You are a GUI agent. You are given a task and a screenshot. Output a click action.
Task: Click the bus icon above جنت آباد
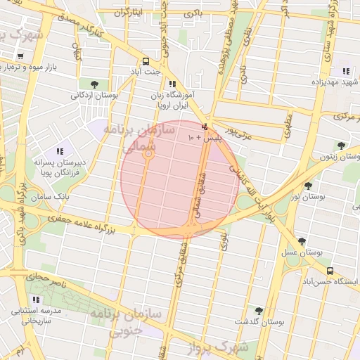tap(146, 60)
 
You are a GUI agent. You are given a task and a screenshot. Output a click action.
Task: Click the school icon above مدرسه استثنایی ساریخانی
tap(36, 300)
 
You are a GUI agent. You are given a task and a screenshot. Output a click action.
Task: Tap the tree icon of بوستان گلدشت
tap(259, 310)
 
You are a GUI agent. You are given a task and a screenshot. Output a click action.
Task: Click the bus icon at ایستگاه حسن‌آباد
tap(329, 271)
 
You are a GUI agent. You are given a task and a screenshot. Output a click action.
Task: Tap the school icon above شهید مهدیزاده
tap(346, 71)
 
